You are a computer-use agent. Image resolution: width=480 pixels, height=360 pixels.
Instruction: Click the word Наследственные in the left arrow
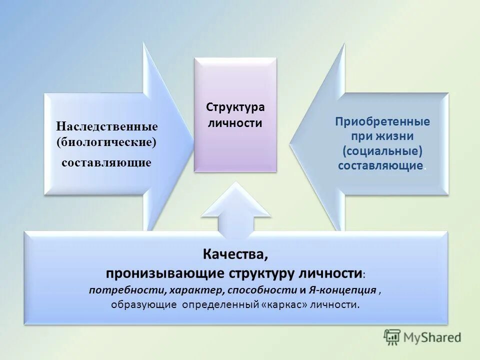point(106,126)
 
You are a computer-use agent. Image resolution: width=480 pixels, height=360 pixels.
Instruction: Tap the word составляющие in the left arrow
point(106,163)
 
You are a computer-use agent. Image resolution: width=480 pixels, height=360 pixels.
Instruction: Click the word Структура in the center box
point(235,107)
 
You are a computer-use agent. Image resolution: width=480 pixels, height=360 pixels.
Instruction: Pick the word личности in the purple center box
point(235,122)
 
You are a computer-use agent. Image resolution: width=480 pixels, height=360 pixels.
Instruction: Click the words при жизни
point(383,136)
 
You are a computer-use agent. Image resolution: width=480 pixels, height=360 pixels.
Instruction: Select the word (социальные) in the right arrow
point(383,151)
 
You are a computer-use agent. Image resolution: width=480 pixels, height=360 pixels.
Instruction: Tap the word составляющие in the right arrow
point(380,165)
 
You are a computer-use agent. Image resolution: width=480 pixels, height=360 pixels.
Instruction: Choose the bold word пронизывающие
point(166,273)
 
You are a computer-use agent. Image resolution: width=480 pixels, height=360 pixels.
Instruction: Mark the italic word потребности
point(128,290)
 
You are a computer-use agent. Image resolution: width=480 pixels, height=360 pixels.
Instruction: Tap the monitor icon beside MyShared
point(392,338)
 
